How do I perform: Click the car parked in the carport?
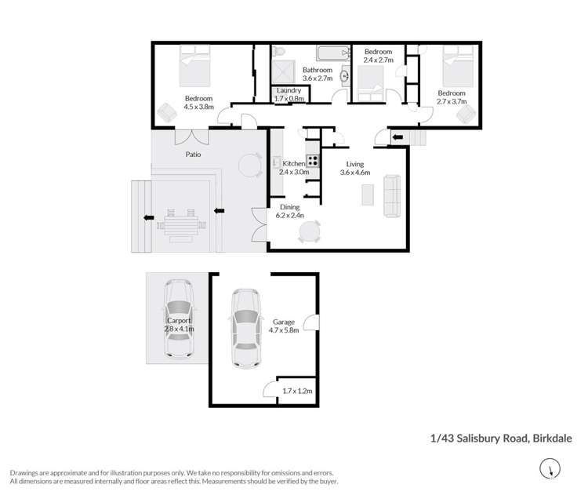coord(178,321)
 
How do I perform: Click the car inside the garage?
coord(245,328)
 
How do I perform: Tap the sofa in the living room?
coord(390,196)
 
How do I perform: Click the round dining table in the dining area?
coord(311,231)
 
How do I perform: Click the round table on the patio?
coord(249,164)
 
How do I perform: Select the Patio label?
coord(193,155)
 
